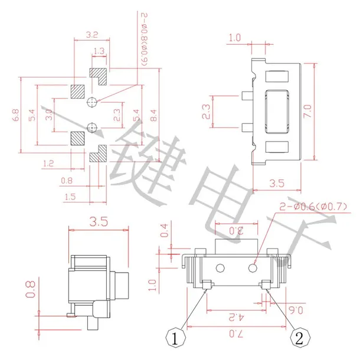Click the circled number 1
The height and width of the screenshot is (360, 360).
pyautogui.click(x=175, y=339)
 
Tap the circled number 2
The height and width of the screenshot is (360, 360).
pyautogui.click(x=299, y=339)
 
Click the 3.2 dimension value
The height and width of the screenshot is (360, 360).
pyautogui.click(x=91, y=35)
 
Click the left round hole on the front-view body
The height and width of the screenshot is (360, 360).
pyautogui.click(x=220, y=269)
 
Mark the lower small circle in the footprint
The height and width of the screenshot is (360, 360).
pyautogui.click(x=91, y=126)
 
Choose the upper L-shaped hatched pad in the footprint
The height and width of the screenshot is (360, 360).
pyautogui.click(x=99, y=75)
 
